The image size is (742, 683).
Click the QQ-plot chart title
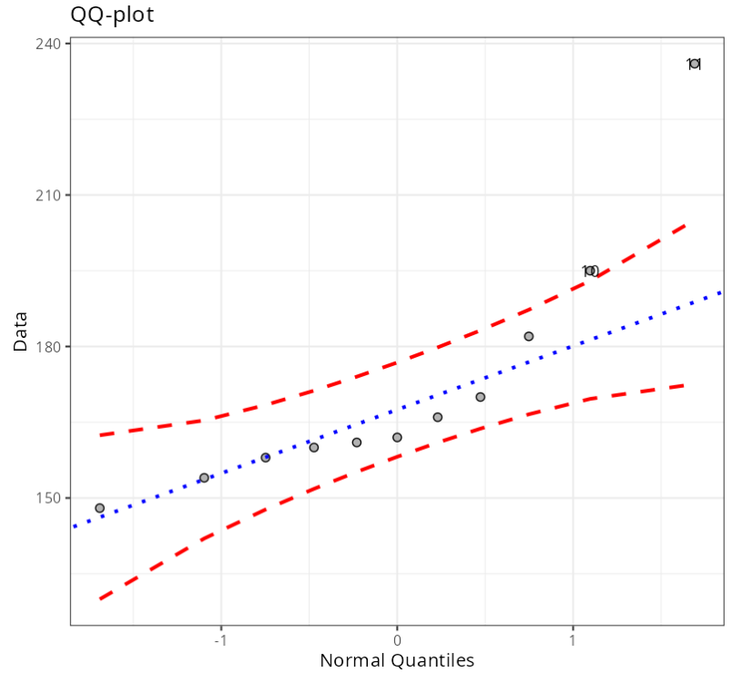[x=112, y=15]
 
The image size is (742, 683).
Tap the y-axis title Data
[x=20, y=331]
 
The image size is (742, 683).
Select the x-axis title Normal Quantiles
[x=397, y=660]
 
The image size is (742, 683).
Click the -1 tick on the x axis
[x=220, y=640]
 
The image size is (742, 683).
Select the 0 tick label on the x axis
[x=397, y=640]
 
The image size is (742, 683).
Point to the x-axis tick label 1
[x=573, y=640]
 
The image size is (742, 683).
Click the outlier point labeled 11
[x=694, y=64]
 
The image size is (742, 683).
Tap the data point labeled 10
[x=590, y=270]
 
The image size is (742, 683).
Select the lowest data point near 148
[x=99, y=508]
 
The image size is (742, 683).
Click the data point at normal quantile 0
[x=397, y=437]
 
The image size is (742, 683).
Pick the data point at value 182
[x=528, y=336]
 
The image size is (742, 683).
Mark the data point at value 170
[x=480, y=397]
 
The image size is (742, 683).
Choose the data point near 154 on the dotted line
[x=204, y=477]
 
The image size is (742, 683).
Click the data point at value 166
[x=437, y=417]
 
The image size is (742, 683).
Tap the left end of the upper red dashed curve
[x=100, y=434]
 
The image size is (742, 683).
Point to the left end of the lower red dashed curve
[x=100, y=598]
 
